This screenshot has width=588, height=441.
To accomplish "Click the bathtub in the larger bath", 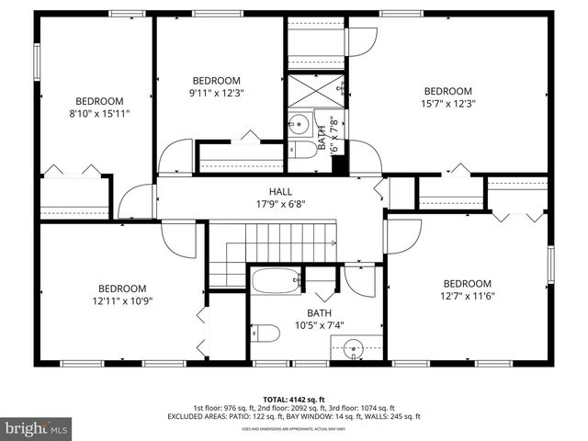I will [x=276, y=281].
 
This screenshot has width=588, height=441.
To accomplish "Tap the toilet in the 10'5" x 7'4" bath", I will [x=266, y=333].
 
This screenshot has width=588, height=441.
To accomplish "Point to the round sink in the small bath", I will [x=300, y=124].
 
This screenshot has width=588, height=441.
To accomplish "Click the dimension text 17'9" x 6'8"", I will [x=267, y=207].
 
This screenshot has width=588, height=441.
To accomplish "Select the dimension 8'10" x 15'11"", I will [x=99, y=114].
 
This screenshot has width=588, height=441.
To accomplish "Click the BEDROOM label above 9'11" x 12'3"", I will [x=216, y=80].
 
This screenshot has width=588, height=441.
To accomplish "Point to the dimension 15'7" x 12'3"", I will [x=447, y=104].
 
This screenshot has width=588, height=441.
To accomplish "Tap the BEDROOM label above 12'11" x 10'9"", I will [x=122, y=288].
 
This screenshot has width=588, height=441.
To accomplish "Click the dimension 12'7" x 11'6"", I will [x=467, y=297].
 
